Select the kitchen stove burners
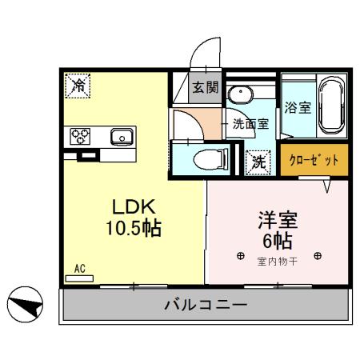82,136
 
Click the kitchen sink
122,136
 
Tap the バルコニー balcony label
206,305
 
